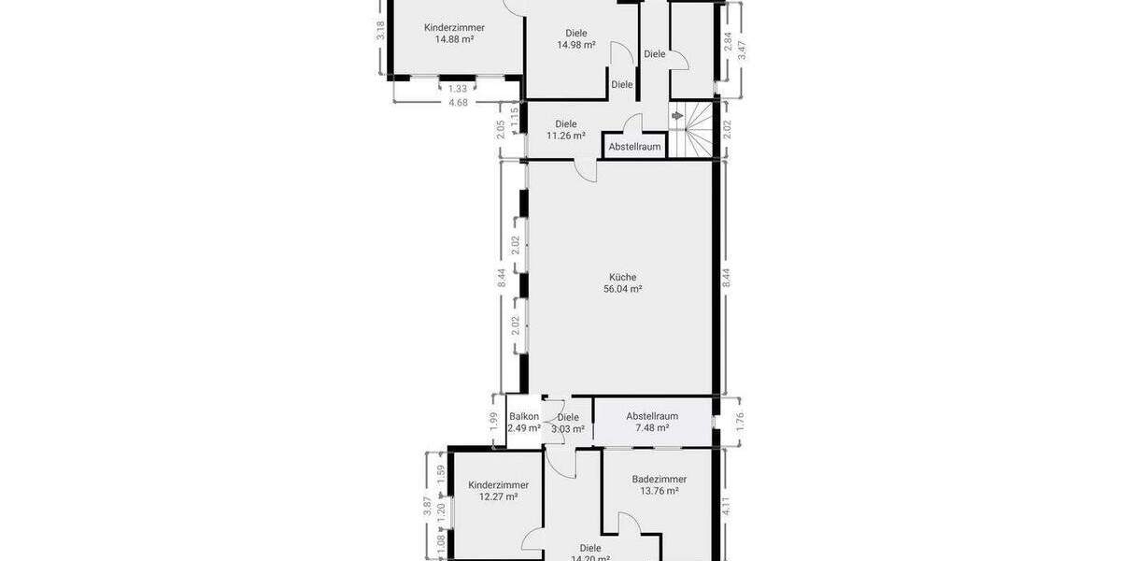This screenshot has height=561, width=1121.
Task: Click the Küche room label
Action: [x=622, y=277]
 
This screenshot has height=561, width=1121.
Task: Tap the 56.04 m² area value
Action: [x=622, y=290]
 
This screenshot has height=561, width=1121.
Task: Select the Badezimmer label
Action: [x=659, y=479]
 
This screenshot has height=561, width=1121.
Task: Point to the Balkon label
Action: [x=524, y=417]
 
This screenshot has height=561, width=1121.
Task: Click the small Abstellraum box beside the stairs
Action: [x=634, y=147]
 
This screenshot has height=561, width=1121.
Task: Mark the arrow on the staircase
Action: [x=677, y=116]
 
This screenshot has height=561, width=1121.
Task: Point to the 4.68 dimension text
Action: [x=458, y=103]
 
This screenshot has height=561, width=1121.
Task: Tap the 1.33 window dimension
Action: [x=457, y=89]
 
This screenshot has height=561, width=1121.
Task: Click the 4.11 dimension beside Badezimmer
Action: [x=726, y=506]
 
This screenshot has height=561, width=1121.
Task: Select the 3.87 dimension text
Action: [x=427, y=506]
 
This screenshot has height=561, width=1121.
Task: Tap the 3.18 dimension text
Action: [x=380, y=30]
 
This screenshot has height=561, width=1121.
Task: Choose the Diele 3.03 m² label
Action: [x=568, y=424]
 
